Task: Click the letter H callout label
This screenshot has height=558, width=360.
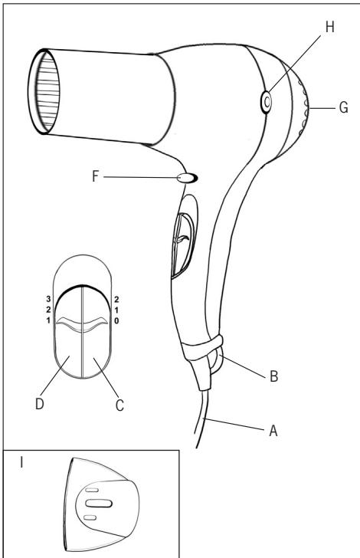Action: [x=330, y=27]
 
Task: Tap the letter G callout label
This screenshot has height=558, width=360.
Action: [x=343, y=107]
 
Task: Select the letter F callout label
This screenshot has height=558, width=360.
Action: [x=95, y=176]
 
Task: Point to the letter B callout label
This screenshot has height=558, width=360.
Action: [x=273, y=376]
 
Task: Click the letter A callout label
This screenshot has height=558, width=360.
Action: [x=273, y=431]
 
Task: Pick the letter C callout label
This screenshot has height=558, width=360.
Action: [x=119, y=405]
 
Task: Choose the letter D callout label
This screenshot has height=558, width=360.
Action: [x=40, y=403]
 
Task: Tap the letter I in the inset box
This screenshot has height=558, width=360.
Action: [x=21, y=462]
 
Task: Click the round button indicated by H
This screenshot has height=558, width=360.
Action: [x=266, y=102]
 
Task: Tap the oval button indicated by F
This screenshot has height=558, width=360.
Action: [x=188, y=178]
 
